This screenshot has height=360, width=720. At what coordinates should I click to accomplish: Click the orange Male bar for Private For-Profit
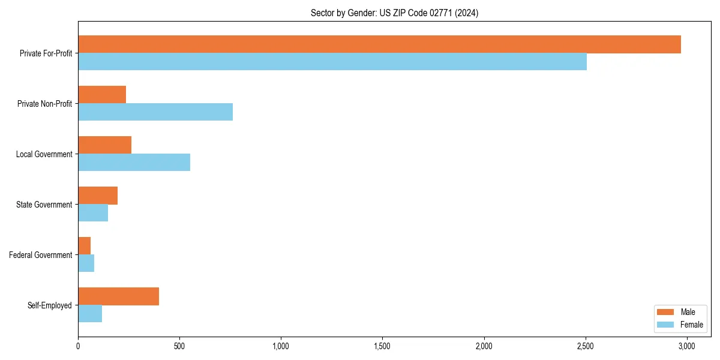click(379, 44)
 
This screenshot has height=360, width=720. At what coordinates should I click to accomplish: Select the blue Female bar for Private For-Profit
click(332, 62)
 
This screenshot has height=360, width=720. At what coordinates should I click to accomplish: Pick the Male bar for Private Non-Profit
click(102, 95)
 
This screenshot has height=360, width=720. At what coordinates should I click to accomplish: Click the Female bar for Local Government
click(134, 163)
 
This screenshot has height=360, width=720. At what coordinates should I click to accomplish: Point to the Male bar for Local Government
click(104, 145)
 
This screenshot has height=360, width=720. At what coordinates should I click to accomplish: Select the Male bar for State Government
click(98, 196)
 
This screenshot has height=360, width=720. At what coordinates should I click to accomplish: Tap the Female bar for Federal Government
click(86, 263)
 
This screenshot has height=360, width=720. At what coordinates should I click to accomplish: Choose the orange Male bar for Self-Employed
click(118, 296)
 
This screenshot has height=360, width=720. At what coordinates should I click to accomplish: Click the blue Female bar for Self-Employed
click(90, 314)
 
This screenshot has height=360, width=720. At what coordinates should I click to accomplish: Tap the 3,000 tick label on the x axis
click(686, 346)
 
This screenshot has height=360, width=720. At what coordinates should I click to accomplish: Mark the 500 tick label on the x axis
click(179, 346)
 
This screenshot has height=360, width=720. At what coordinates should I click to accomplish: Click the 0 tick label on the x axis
click(78, 346)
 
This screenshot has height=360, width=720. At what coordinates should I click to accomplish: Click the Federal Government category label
click(41, 255)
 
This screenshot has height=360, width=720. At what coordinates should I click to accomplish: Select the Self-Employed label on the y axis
click(50, 305)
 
